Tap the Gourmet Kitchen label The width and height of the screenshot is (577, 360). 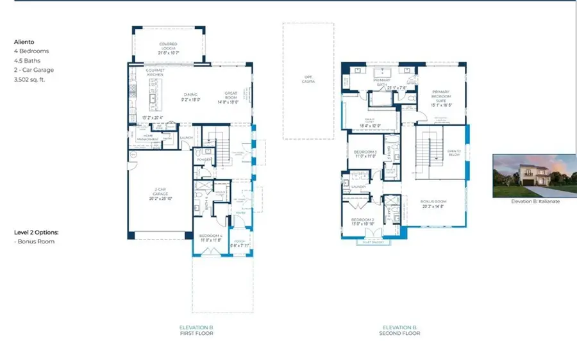pos(156,72)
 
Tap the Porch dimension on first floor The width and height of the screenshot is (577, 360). pos(240,245)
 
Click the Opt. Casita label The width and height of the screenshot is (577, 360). pos(308,79)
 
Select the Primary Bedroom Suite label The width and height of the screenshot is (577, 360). pos(442,96)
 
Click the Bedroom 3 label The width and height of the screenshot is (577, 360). pos(365,152)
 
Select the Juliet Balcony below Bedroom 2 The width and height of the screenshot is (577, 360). pos(373,243)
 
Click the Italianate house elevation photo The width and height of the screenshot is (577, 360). pos(534,176)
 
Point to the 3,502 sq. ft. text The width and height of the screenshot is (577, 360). pos(31,80)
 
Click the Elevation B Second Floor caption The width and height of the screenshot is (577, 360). pos(400,330)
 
